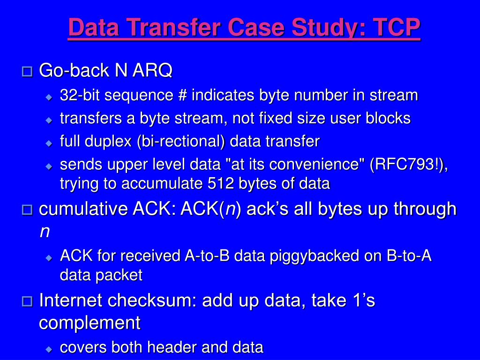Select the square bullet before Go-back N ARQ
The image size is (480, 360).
[27, 72]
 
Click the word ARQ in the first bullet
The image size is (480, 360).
[152, 70]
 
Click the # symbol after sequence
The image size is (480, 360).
[182, 95]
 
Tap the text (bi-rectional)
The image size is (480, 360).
[181, 142]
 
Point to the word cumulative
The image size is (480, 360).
[83, 209]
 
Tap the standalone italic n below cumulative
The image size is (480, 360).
[45, 232]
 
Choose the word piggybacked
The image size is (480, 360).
[315, 256]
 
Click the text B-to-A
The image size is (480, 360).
[409, 255]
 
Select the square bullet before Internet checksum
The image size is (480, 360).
[27, 301]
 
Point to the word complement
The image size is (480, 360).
[90, 323]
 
